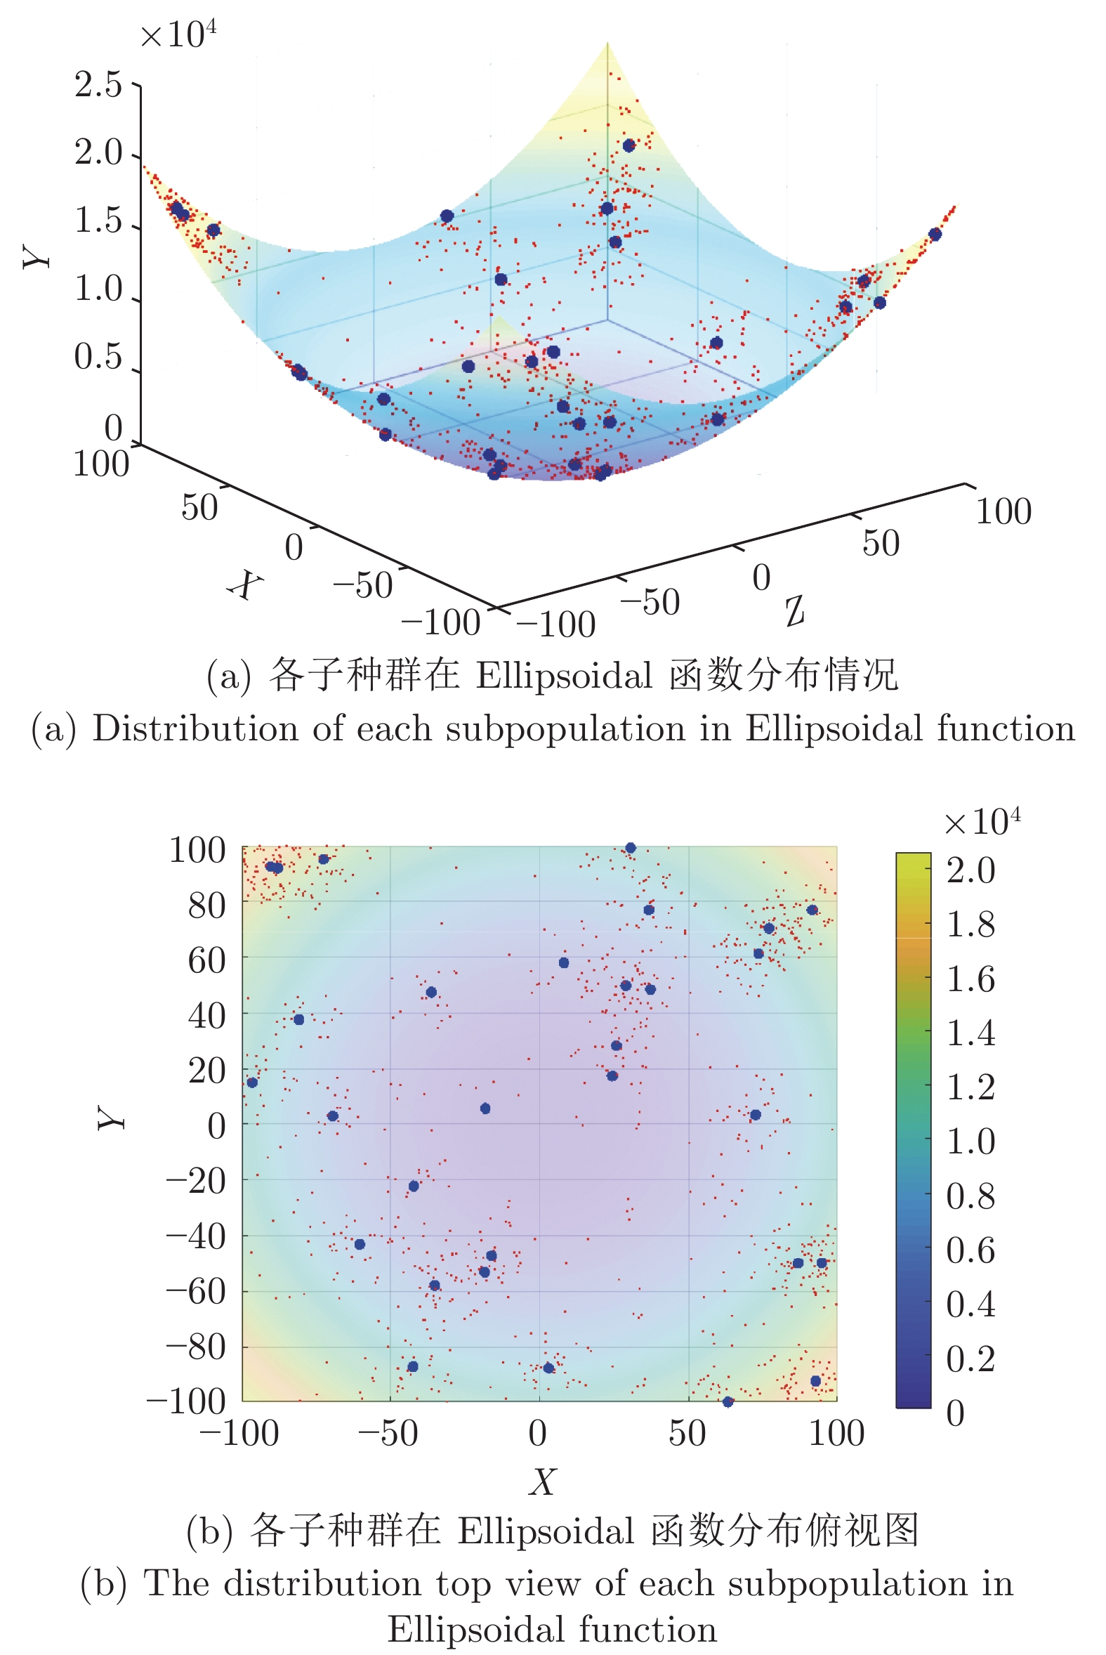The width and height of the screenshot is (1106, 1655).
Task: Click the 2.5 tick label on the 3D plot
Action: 98,86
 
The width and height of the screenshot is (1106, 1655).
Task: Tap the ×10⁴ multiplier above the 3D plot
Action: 178,34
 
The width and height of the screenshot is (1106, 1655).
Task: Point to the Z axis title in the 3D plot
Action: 795,610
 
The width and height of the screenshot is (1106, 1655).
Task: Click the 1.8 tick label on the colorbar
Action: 970,925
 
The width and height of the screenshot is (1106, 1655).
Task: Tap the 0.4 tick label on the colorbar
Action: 970,1305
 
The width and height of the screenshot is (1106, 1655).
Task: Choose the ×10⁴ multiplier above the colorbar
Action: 982,823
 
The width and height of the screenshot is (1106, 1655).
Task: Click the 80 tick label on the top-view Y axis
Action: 206,905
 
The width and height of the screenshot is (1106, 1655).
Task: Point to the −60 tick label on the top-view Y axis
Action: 195,1293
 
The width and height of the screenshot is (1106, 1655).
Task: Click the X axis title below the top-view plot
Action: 542,1481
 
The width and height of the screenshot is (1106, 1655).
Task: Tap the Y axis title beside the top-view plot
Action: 112,1118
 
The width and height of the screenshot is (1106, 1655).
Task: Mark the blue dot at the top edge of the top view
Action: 631,848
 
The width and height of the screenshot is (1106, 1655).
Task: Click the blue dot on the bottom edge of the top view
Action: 728,1401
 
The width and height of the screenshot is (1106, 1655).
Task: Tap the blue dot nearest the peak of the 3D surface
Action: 629,145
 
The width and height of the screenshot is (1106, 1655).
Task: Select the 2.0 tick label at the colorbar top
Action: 970,870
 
